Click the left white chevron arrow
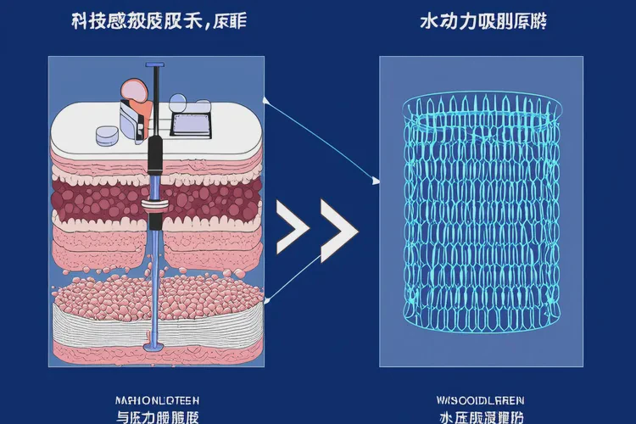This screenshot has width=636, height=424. pos(293,228)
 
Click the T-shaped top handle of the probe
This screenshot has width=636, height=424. pos(155,64)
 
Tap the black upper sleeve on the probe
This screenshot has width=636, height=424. pos(155,157)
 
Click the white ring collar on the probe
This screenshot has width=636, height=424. pos(155,204)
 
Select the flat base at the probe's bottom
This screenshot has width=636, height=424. pos(154,347)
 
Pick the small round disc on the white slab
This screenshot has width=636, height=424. pos(106,134)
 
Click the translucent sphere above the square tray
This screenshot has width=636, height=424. pos(180,103)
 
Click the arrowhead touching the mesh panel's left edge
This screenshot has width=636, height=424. pos(374,180)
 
